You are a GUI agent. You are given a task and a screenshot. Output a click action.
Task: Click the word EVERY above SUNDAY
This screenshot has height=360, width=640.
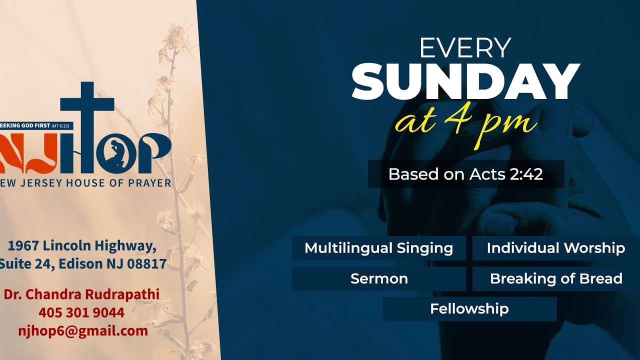coord(465,48)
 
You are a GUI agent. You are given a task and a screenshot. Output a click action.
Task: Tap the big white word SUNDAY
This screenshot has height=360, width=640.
coord(465,82)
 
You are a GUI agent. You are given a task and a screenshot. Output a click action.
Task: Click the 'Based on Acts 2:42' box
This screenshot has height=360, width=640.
coord(465,174)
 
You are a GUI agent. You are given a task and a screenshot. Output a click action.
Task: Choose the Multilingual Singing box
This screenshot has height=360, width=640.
coord(378,248)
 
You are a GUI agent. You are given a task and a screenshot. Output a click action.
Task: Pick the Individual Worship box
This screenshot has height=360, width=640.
coord(555,248)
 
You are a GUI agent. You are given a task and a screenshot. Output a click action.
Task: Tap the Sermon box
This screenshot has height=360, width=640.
coord(378,278)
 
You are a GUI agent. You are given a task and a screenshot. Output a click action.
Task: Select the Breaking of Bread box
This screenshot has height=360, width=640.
coord(555,278)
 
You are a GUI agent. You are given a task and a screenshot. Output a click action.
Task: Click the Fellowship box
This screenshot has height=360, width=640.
coord(469,308)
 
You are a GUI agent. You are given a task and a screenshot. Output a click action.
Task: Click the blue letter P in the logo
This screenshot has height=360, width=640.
coord(155,152)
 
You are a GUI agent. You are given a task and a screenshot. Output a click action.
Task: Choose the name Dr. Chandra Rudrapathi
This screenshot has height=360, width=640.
coord(81,294)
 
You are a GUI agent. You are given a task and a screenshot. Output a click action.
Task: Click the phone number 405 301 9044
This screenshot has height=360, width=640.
coord(81,312)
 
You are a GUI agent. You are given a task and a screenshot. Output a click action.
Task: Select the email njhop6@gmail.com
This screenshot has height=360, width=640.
coord(83,330)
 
